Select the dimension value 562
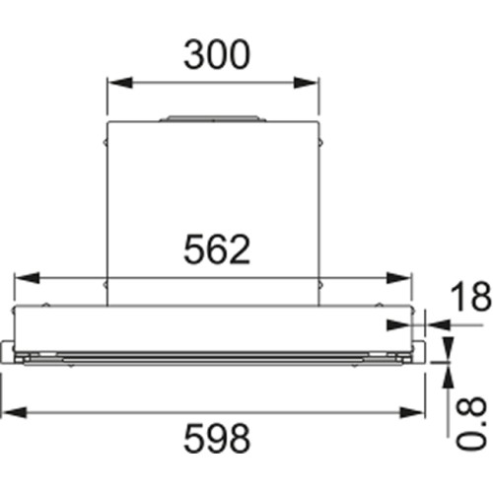coord(216,251)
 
